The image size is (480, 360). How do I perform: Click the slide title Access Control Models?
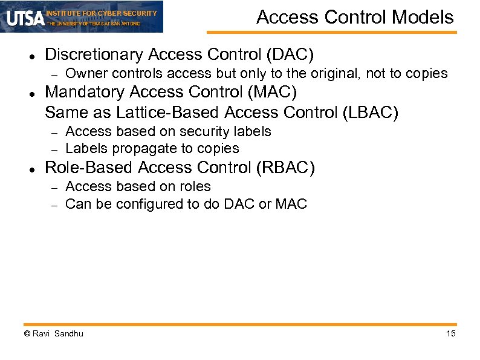click(x=355, y=17)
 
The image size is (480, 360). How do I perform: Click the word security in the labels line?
click(x=187, y=131)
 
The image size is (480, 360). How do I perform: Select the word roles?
click(x=193, y=186)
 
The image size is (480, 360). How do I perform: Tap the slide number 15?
click(x=450, y=333)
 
